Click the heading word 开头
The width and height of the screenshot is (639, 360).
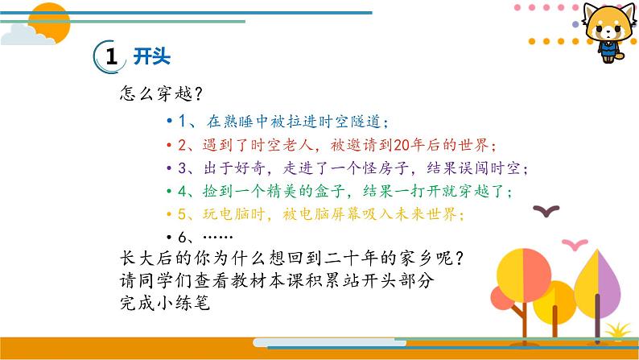151,56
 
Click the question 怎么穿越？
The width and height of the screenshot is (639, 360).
161,93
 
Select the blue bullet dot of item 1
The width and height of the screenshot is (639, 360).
169,121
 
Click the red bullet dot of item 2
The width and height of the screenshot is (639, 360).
169,145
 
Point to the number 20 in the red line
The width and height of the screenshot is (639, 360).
402,145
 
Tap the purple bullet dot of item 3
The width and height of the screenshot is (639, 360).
169,168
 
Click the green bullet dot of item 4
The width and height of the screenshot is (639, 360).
169,190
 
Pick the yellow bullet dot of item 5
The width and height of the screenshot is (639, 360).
169,213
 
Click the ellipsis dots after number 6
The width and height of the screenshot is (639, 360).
217,237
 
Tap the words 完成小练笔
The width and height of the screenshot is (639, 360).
165,303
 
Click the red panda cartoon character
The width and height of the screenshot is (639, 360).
609,31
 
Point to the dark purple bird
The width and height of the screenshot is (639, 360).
546,211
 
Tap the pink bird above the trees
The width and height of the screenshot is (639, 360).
575,244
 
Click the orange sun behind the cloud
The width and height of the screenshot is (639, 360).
50,23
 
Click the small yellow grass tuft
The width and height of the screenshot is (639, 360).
618,330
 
